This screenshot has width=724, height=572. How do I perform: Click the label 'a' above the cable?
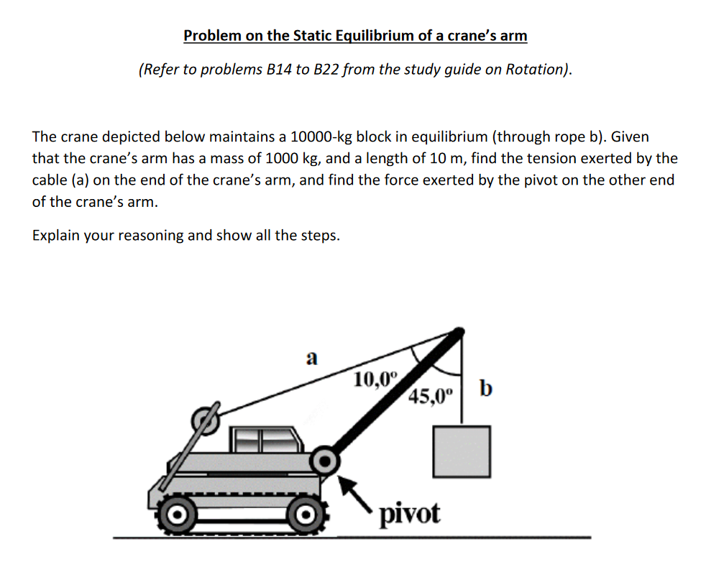pos(311,358)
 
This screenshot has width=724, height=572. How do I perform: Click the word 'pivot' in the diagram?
pos(409,513)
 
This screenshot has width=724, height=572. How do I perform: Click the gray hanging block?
pos(462,451)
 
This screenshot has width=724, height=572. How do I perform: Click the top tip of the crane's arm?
pos(457,332)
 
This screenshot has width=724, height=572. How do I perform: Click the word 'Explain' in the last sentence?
pos(56,236)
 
